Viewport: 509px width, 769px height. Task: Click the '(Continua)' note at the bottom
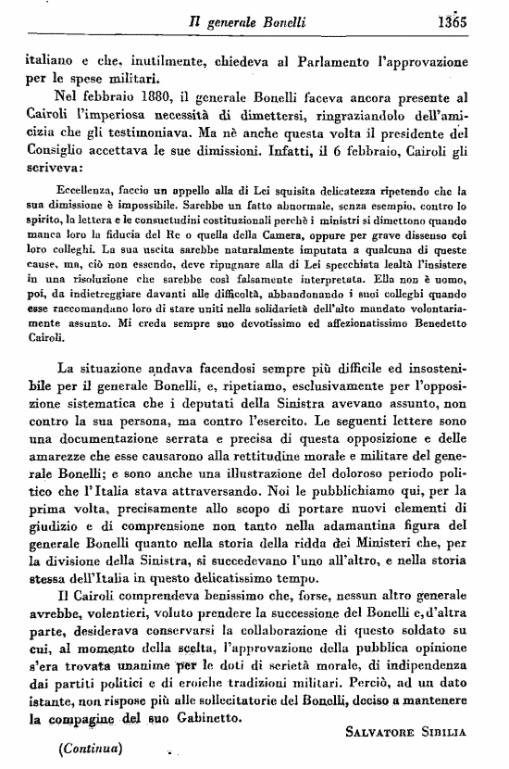pyautogui.click(x=91, y=746)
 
